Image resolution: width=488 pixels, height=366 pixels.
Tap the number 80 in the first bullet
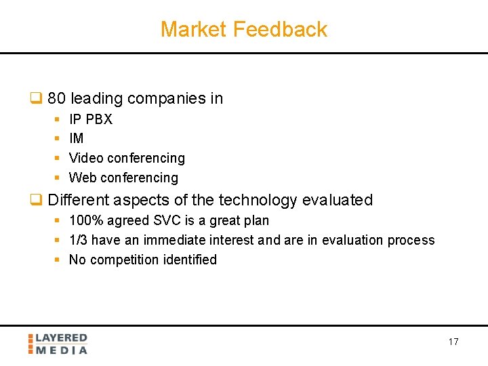point(56,98)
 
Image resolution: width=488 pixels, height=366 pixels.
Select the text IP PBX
point(91,119)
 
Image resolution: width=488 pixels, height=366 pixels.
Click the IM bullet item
point(77,138)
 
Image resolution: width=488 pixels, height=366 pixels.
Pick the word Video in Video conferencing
point(86,158)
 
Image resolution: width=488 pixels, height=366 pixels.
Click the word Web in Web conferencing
point(83,178)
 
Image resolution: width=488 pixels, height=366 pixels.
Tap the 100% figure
point(83,220)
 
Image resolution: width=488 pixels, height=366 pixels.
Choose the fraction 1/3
point(78,240)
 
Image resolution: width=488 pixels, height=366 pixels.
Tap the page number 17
point(453,342)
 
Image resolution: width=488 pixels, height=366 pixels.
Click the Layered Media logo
point(58,344)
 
